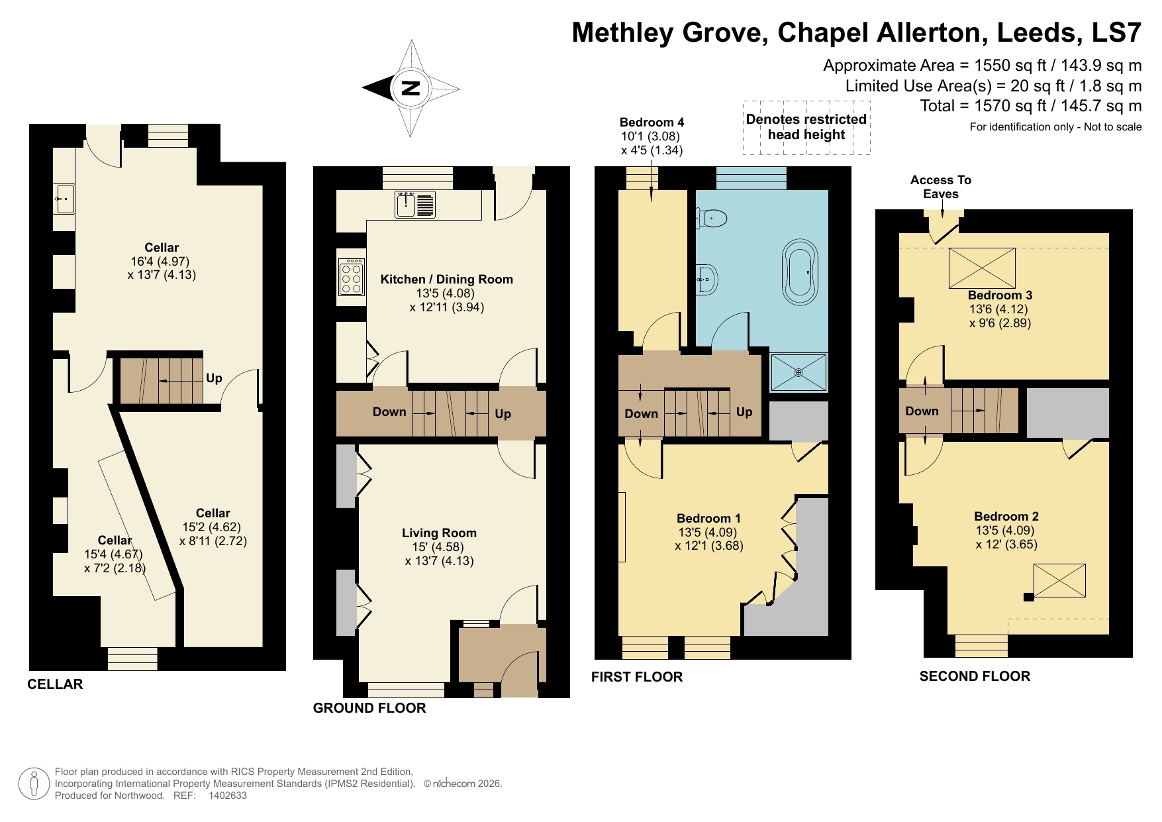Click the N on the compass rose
point(411,88)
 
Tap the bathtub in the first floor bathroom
point(800,272)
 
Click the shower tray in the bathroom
point(799,372)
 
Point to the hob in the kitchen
point(351,277)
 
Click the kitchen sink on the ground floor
point(415,204)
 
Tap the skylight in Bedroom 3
point(982,268)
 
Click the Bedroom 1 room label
point(708,519)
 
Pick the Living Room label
point(439,533)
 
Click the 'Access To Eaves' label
point(940,187)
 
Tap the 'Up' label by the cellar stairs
point(214,378)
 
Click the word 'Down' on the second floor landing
point(922,411)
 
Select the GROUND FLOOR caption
point(369,708)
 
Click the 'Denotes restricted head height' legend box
point(806,127)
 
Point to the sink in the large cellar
point(65,199)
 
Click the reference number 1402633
point(227,796)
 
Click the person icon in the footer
point(34,784)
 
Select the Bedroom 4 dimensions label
point(652,143)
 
